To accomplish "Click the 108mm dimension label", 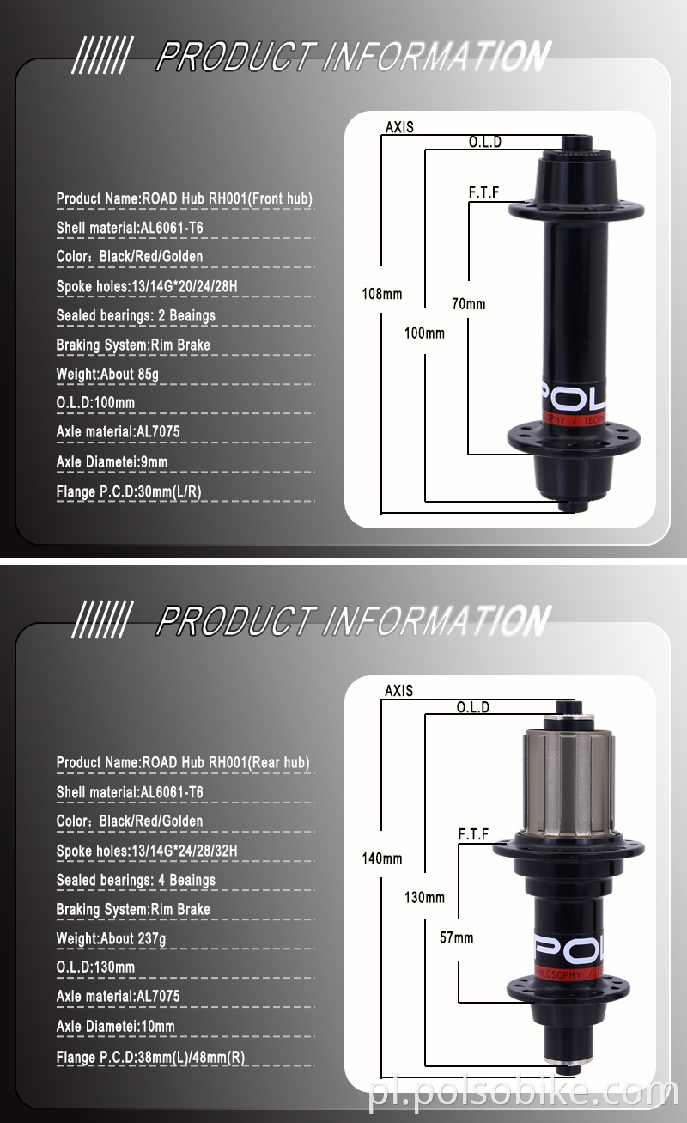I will point(381,294).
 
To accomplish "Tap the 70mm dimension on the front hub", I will point(469,303).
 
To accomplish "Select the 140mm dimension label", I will point(381,858).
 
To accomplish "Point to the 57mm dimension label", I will point(457,937).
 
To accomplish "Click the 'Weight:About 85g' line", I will point(107,374).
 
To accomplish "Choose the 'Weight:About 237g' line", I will point(111,938).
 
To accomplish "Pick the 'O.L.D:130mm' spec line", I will point(95,967).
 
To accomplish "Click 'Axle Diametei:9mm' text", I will point(112,462).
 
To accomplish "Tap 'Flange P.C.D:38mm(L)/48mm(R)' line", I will point(151,1057).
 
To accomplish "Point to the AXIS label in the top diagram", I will point(399,127).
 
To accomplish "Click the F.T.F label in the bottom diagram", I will point(473,833).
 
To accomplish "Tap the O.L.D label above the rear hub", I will point(472,707).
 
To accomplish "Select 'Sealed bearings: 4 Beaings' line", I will point(136,880).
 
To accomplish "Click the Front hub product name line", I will point(185,198).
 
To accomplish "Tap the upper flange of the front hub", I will point(576,209).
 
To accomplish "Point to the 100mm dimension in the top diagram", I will point(424,333).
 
